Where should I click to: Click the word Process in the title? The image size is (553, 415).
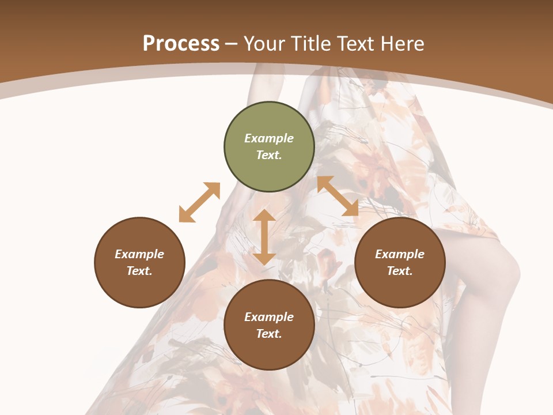[181, 44]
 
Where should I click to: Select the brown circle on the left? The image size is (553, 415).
[139, 288]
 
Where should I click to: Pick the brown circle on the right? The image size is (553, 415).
[400, 288]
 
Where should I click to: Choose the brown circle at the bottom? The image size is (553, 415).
[269, 352]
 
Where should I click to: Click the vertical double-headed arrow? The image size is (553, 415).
[264, 237]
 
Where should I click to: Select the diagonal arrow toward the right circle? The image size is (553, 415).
[338, 196]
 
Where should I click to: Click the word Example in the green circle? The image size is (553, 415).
[269, 138]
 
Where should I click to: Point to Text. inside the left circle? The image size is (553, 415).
[139, 271]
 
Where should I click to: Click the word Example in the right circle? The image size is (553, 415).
[400, 254]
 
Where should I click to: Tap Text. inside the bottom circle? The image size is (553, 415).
[269, 334]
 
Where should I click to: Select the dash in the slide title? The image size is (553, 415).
[232, 44]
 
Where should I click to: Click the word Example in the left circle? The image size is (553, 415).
[139, 254]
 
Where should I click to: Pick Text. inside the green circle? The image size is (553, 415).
[269, 155]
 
